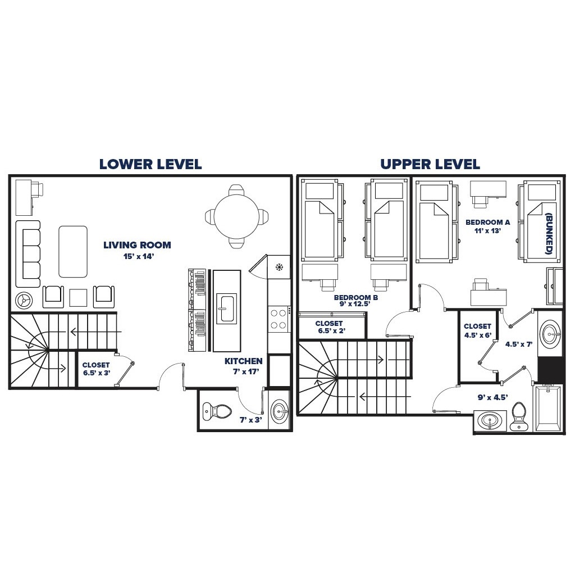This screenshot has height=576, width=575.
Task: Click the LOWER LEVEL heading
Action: tap(150, 164)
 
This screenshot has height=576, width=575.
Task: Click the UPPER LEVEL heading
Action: tap(430, 164)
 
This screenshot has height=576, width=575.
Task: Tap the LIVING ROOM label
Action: tap(137, 245)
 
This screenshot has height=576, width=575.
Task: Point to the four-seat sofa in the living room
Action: tap(28, 253)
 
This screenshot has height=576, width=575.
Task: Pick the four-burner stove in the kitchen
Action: tap(279, 319)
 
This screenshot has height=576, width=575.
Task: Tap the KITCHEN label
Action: tap(243, 361)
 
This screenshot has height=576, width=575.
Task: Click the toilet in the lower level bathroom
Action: tap(217, 411)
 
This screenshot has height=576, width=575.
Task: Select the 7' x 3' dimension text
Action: tap(251, 420)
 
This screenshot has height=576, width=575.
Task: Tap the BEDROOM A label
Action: tap(487, 223)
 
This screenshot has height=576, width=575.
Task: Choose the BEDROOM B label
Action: tap(355, 298)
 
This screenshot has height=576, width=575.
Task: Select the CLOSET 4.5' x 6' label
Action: tap(477, 330)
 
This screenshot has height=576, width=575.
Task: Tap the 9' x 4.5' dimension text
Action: tap(492, 397)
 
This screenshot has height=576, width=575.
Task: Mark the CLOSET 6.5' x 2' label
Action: tap(328, 328)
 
